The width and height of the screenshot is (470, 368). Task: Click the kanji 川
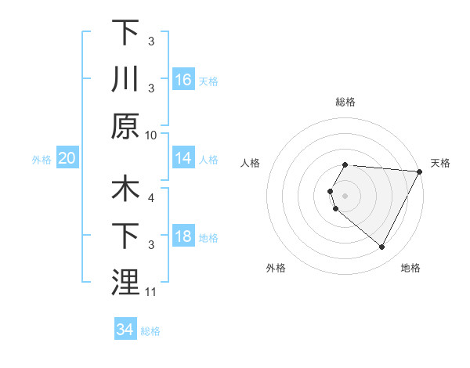point(125,78)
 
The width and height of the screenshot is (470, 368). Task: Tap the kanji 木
point(125,190)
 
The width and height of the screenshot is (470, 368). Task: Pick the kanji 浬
point(125,282)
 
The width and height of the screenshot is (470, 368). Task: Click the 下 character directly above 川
point(125,33)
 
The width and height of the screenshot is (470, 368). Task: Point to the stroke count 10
point(152,135)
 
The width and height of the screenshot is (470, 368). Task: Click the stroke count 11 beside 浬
point(152,292)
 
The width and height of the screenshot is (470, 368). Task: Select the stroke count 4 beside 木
point(150,198)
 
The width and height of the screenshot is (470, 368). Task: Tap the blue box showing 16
point(183,80)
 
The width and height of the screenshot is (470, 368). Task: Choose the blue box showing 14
point(183,159)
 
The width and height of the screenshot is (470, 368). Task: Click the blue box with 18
point(183,237)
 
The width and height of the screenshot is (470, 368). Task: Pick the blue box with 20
point(67,159)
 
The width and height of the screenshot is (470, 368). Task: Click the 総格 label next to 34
point(150,331)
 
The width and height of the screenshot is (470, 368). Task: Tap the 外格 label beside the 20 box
point(42,160)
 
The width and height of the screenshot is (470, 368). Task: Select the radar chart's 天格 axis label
point(441,163)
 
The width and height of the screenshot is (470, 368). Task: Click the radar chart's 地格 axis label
point(410,268)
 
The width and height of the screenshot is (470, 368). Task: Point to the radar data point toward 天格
point(419,171)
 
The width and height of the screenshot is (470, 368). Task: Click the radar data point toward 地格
point(381,247)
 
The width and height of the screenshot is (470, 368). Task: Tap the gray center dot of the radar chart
point(345,194)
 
